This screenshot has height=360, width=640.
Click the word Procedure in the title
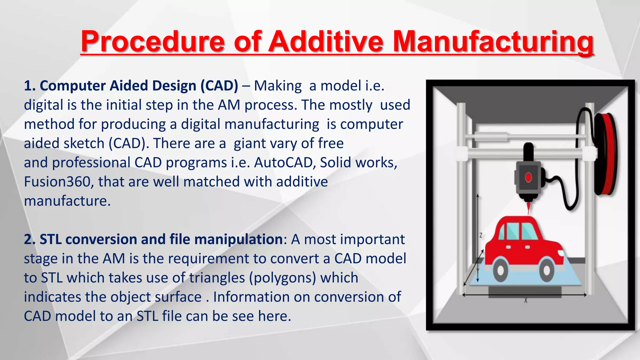[152, 42]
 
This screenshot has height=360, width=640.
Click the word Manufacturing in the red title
[493, 42]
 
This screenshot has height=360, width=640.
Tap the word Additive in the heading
[326, 42]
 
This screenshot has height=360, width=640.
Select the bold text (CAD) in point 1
[219, 86]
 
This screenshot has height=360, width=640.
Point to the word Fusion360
[57, 182]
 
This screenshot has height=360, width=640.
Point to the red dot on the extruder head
[528, 177]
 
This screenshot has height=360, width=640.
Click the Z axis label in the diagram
[481, 235]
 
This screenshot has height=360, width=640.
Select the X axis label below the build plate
[526, 301]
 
